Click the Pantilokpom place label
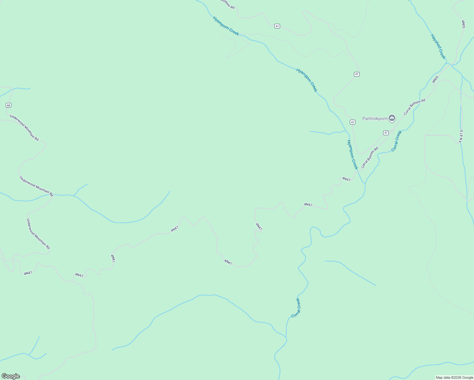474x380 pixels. [375, 119]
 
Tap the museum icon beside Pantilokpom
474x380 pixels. [392, 118]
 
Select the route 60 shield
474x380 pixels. [9, 105]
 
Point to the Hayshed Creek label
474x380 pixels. [438, 47]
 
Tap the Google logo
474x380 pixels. [10, 376]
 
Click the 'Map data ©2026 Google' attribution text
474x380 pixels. [454, 377]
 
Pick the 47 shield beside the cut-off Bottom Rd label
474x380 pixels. [277, 26]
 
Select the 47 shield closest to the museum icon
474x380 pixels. [386, 133]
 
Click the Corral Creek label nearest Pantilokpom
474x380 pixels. [396, 141]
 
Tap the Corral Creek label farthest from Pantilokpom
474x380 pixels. [296, 308]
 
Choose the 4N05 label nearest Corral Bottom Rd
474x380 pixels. [435, 79]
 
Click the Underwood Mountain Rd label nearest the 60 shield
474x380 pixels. [24, 128]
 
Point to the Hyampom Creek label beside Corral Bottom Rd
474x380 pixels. [352, 155]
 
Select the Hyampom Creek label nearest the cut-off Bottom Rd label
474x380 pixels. [226, 26]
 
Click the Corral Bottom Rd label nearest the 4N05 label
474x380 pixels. [414, 107]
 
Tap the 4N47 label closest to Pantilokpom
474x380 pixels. [346, 179]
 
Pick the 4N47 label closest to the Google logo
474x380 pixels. [28, 273]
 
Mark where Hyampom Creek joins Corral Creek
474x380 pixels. [365, 184]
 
